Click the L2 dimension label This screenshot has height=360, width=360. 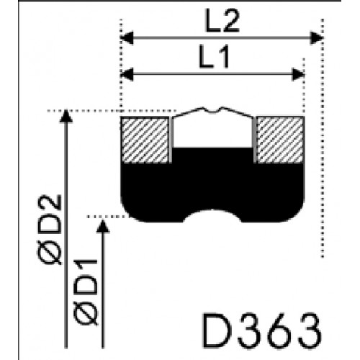(222, 21)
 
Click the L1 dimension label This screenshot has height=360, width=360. (215, 57)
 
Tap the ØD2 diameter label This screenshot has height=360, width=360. (50, 230)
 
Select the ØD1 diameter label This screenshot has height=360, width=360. (86, 292)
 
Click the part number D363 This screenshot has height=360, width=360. (262, 330)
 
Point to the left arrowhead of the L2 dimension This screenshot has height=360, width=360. (127, 38)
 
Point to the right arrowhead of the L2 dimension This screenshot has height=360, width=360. (317, 38)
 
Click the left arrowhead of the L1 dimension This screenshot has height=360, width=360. (127, 74)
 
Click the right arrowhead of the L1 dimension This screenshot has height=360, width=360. (298, 74)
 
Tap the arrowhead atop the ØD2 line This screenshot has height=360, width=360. (66, 116)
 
